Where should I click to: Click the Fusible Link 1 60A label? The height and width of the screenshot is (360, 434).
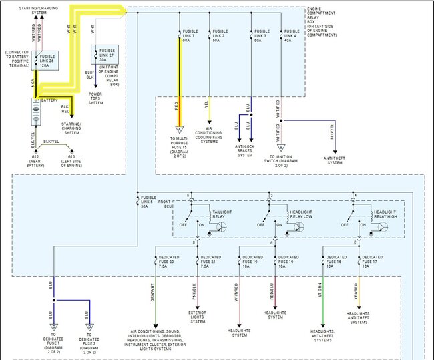pos(190,35)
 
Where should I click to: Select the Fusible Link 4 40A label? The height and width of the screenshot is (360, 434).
pos(291,35)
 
